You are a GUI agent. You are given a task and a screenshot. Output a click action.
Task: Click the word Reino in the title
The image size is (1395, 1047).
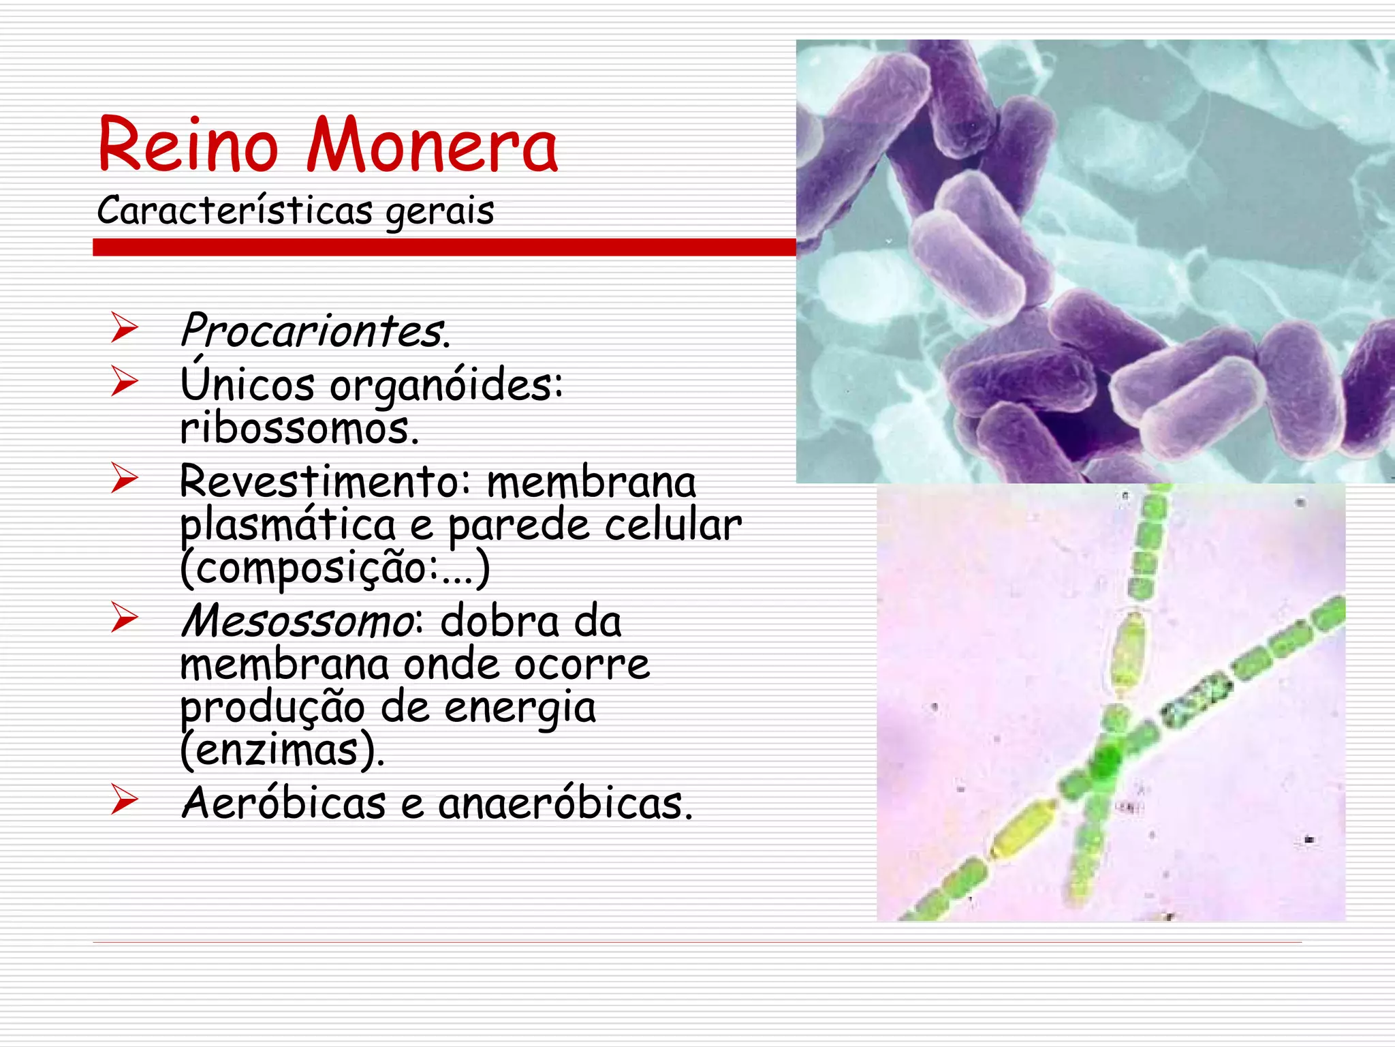click(188, 145)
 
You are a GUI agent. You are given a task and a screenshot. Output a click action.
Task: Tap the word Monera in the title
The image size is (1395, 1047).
click(432, 146)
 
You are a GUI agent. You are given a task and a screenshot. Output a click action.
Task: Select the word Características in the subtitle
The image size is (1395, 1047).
click(235, 210)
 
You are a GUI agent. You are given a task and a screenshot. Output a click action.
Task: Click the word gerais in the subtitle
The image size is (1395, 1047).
click(440, 211)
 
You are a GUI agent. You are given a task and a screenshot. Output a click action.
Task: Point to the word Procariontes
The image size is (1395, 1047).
click(315, 331)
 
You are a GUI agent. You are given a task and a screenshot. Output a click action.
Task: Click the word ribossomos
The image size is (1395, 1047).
click(299, 429)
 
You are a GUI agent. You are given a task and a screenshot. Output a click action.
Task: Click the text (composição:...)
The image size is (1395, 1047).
click(334, 568)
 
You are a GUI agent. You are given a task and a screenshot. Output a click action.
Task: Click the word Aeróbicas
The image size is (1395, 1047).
click(284, 803)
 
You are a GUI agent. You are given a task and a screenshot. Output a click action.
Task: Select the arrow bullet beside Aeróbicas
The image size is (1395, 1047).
click(125, 800)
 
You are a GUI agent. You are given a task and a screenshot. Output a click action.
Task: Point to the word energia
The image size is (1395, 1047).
click(520, 708)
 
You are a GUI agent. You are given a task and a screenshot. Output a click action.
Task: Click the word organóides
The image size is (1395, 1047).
click(446, 386)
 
